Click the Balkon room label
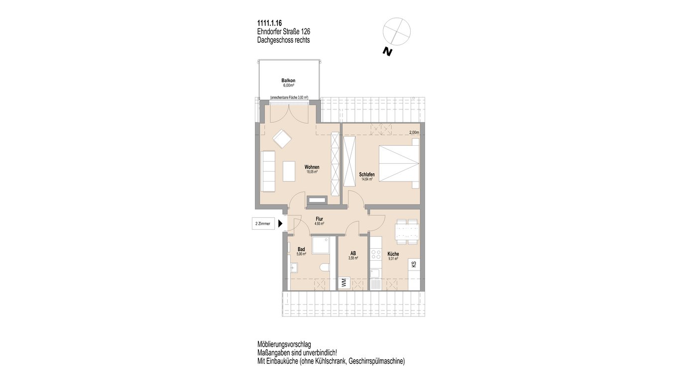click(288, 81)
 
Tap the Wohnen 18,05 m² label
click(312, 169)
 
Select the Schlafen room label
click(367, 175)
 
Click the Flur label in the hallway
click(320, 219)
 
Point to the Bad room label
click(301, 249)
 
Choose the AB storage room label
click(353, 253)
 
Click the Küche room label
click(393, 254)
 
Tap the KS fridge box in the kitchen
click(414, 264)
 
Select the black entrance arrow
click(280, 224)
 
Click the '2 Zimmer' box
click(263, 224)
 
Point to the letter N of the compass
click(387, 52)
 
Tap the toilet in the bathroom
click(325, 268)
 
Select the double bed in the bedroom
click(399, 164)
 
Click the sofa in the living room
click(57, 171)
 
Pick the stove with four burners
click(376, 255)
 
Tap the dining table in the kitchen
click(407, 232)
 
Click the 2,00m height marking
click(414, 132)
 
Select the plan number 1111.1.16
click(270, 23)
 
